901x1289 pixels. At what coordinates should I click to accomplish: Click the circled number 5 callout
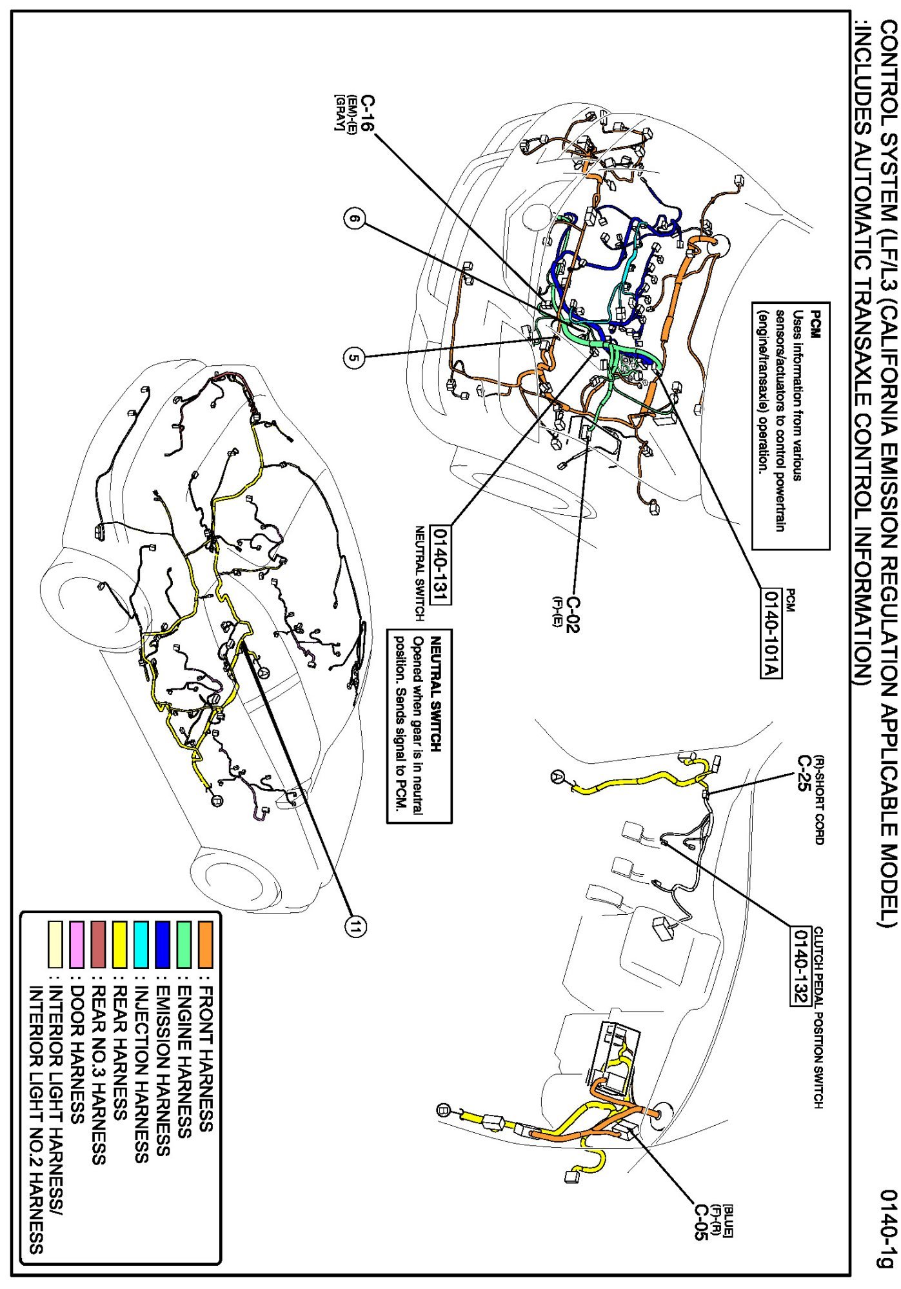(353, 357)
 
